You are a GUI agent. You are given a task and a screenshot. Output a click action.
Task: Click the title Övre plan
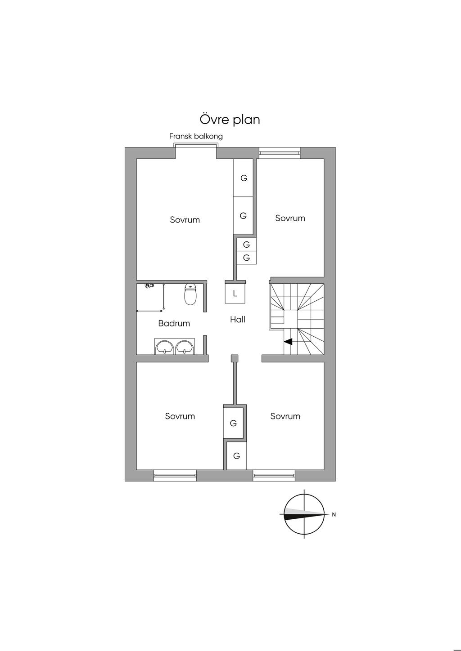point(230,120)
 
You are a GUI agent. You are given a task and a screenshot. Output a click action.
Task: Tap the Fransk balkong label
point(196,136)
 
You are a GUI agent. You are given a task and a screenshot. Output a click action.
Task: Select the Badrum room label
point(174,323)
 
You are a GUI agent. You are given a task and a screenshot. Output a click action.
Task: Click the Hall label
point(238,319)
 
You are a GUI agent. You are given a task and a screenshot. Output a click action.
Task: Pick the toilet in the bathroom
point(190,294)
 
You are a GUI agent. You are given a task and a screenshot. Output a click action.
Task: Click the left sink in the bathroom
point(165,347)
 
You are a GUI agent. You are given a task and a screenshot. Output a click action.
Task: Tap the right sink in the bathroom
point(184,347)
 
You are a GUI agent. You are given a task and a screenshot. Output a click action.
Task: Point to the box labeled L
point(235,294)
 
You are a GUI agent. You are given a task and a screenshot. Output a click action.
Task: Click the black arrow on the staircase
point(288,342)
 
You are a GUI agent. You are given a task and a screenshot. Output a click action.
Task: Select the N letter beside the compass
point(334,514)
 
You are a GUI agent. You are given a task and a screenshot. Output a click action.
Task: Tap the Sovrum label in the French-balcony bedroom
point(185,220)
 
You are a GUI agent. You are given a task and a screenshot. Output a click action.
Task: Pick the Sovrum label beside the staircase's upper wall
point(290,218)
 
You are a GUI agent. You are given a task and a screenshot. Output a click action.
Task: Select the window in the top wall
point(280,153)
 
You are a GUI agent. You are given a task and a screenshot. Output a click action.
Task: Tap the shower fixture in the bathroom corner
point(149,286)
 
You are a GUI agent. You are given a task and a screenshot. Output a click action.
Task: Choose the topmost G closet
point(243,178)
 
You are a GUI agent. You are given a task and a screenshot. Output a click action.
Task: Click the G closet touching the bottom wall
point(237,455)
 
